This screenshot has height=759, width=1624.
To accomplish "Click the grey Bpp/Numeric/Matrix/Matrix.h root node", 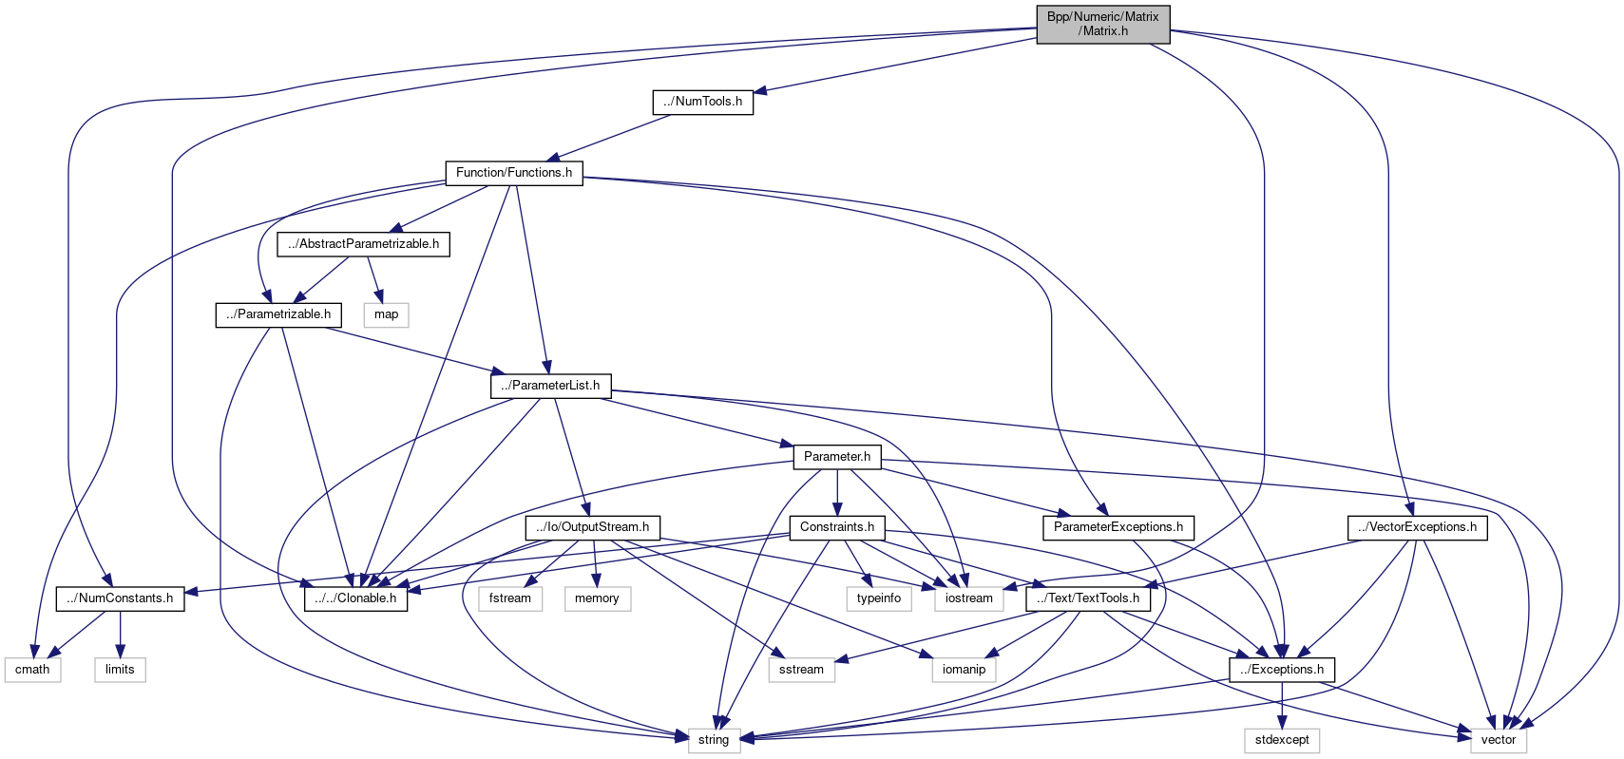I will click(x=1102, y=24).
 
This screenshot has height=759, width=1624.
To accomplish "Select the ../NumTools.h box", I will click(x=703, y=102).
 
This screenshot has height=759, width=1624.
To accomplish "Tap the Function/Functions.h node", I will click(x=513, y=173).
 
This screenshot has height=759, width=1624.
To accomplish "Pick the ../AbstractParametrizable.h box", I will click(x=363, y=244).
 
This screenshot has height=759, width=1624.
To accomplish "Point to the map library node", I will click(x=386, y=314).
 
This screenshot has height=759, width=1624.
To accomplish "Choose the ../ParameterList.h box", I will click(x=550, y=386).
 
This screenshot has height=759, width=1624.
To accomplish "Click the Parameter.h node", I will click(x=837, y=457).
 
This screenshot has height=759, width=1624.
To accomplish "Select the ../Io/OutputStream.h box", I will click(x=592, y=527).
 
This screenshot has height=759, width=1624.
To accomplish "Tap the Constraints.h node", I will click(x=837, y=527).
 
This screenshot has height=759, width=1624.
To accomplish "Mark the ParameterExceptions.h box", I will click(x=1118, y=527).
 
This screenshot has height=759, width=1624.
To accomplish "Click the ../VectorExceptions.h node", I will click(x=1417, y=527).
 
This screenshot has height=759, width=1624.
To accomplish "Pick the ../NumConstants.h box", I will click(x=120, y=598).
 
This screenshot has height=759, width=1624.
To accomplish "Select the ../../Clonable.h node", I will click(x=355, y=598).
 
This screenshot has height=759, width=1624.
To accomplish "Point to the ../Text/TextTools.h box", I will click(x=1088, y=598).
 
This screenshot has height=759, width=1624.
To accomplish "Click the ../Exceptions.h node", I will click(x=1282, y=670).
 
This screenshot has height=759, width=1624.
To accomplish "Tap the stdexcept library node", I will click(x=1282, y=740).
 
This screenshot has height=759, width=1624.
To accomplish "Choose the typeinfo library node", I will click(x=878, y=598).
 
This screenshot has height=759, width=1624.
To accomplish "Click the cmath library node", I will click(x=32, y=670).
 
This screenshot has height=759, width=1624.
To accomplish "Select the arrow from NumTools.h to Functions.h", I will click(x=627, y=137).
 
